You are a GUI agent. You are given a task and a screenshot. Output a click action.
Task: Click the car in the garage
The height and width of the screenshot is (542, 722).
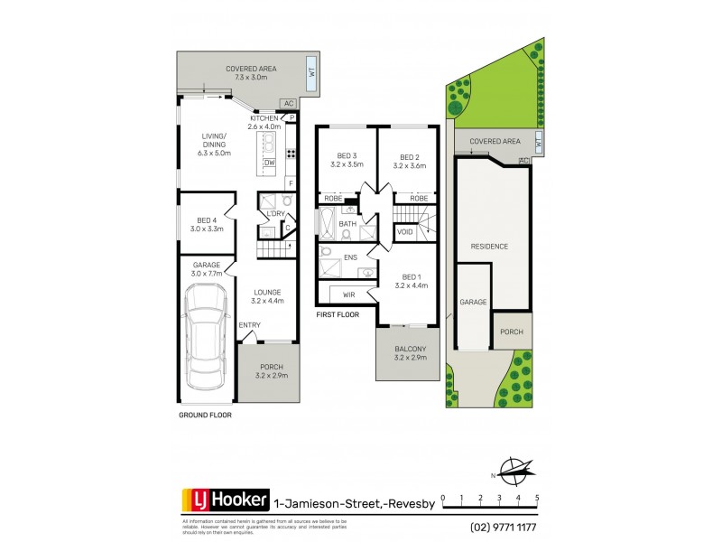pos(205,341)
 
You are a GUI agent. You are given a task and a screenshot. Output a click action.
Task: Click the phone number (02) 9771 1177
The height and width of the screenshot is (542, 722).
pos(504,527)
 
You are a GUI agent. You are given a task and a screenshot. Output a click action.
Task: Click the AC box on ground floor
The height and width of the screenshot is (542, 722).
pos(289,104)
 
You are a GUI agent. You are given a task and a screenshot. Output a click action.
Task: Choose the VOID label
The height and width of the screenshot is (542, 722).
pos(406,232)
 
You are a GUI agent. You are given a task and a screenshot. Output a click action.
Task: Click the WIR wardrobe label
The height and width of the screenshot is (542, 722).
pos(347,294)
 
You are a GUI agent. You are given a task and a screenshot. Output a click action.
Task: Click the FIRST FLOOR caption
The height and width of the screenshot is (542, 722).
pos(338,315)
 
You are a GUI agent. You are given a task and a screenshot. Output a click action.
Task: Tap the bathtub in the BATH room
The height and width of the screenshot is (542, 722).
pos(324,222)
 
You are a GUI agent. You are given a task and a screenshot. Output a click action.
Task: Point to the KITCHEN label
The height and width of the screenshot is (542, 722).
pos(264,118)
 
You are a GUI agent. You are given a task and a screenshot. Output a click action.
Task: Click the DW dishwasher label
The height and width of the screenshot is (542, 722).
pos(269,163)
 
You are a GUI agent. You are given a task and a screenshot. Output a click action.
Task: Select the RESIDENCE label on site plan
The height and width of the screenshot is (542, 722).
pos(489,246)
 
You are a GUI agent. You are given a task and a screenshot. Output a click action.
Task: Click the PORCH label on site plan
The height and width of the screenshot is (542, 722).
pos(512,331)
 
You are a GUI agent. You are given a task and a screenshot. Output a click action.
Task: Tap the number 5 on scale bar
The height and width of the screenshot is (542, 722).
pos(537,498)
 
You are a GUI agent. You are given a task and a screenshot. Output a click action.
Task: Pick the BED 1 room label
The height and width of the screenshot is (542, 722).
pos(409,276)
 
